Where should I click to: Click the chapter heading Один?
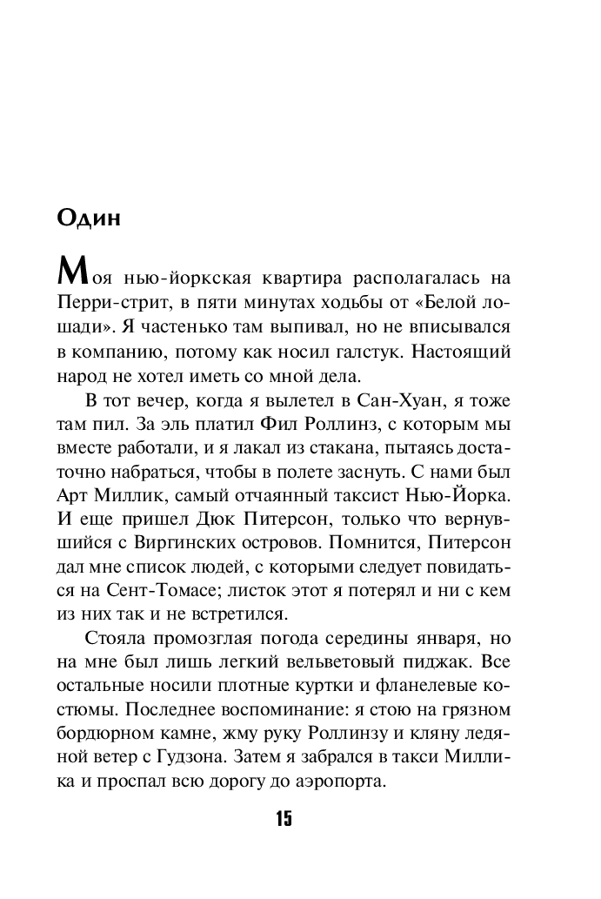pyautogui.click(x=89, y=218)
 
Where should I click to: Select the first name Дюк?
pyautogui.click(x=226, y=527)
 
